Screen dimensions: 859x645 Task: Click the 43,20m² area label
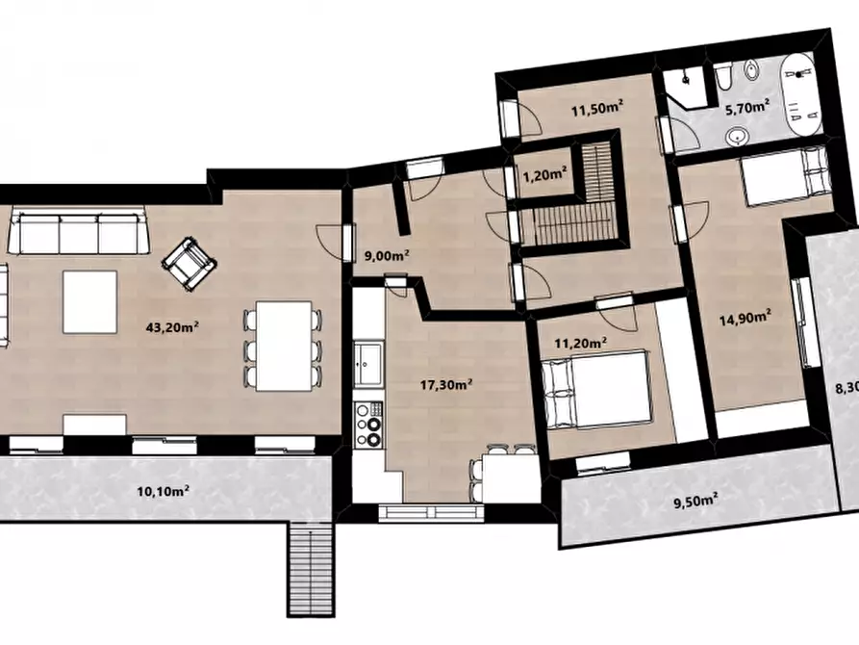click(172, 327)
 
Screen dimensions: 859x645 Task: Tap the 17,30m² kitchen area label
click(446, 384)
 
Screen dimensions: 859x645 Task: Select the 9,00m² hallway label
click(387, 255)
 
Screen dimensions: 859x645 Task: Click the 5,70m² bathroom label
click(747, 108)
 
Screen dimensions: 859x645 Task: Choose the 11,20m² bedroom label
click(581, 344)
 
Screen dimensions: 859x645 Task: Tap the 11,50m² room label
click(597, 109)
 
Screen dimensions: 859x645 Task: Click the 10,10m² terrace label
click(164, 490)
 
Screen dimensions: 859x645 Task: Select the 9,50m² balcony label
click(695, 501)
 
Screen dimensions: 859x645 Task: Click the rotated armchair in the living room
click(189, 263)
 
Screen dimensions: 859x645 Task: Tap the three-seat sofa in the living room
click(80, 230)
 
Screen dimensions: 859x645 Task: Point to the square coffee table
click(89, 301)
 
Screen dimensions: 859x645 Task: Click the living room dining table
click(284, 346)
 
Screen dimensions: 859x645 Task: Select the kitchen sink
click(368, 364)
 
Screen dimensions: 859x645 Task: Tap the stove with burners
click(368, 425)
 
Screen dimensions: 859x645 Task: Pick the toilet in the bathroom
click(723, 77)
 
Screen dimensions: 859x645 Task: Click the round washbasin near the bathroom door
click(739, 136)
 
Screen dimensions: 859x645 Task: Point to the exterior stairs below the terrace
click(310, 569)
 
